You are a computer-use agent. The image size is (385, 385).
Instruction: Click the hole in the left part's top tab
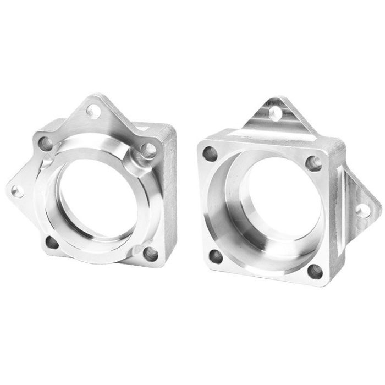94,112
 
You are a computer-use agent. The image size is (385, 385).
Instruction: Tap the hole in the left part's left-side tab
17,191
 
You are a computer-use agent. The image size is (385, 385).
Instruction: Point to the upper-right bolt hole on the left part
147,148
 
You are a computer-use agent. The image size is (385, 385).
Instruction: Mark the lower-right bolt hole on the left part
150,253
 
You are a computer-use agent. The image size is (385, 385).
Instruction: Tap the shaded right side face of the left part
169,193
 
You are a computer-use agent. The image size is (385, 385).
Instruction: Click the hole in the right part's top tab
276,113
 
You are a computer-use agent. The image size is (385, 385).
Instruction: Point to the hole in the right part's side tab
362,210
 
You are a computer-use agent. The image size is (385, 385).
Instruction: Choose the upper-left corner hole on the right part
210,154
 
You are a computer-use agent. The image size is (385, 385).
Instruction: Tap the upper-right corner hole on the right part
313,162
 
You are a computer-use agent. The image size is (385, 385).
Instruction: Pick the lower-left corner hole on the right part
216,256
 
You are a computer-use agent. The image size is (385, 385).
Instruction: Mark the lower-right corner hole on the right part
315,271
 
